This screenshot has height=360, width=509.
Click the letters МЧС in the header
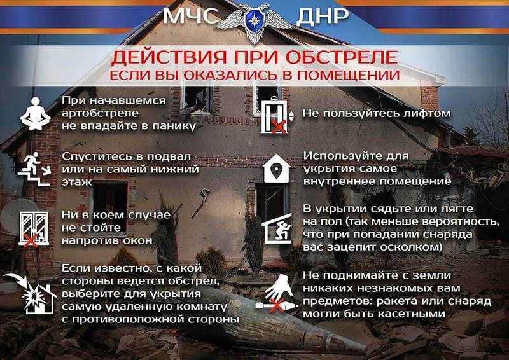point(190,16)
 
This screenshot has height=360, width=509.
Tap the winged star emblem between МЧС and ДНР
point(254,23)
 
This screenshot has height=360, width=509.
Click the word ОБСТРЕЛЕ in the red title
point(342,57)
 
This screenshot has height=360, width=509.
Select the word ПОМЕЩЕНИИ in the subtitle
point(349,75)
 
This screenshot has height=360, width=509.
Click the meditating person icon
point(36,114)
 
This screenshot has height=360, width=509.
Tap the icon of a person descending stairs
point(34,169)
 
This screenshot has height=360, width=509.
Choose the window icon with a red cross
point(34,228)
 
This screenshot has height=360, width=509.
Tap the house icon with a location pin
point(276,169)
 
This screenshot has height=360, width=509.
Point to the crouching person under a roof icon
point(277,228)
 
